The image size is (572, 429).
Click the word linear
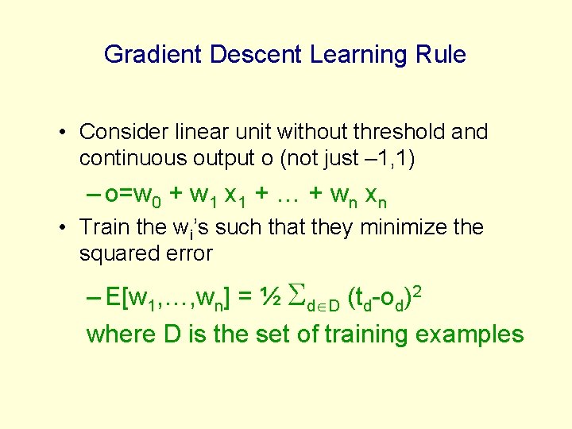click(x=205, y=132)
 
